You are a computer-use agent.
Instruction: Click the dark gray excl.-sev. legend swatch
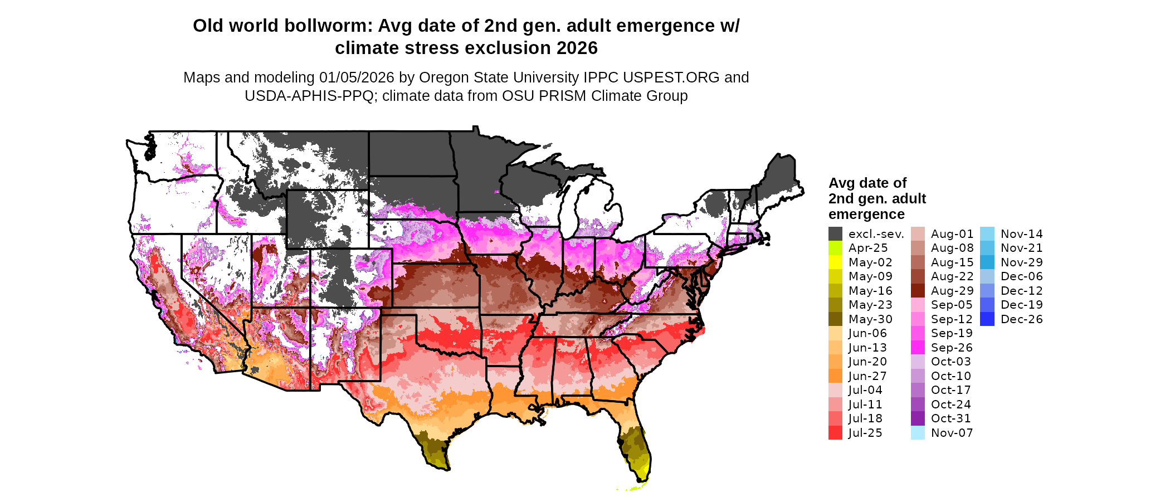(x=835, y=234)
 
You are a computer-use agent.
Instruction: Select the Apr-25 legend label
(x=868, y=248)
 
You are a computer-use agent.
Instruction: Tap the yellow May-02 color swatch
(x=835, y=262)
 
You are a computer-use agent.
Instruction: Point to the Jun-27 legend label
(x=868, y=376)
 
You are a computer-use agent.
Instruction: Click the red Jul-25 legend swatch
(x=835, y=433)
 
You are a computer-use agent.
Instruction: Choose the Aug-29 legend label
(x=952, y=291)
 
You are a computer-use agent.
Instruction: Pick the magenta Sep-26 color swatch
(x=918, y=348)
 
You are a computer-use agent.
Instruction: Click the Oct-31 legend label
(x=951, y=418)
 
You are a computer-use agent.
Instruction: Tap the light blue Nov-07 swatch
(x=918, y=433)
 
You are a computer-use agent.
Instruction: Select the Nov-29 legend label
(x=1022, y=262)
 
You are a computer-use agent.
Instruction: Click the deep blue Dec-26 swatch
(x=987, y=319)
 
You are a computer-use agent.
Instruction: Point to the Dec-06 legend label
(x=1022, y=276)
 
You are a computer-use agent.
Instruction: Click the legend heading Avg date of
(x=867, y=183)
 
